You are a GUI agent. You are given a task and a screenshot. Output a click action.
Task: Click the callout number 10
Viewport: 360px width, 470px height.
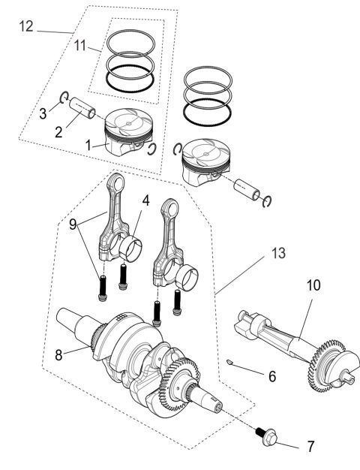click(x=313, y=285)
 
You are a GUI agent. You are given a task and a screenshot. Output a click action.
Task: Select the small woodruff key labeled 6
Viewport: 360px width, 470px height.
click(x=231, y=363)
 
